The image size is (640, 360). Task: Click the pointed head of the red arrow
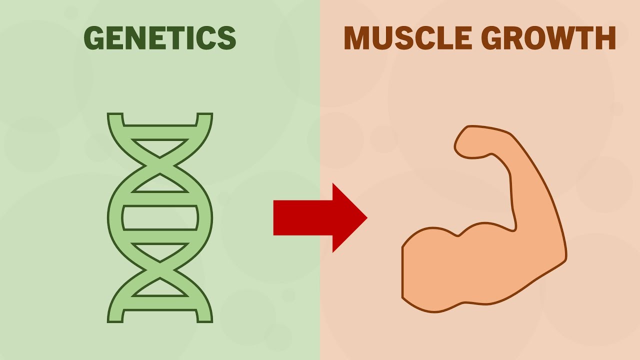click(x=349, y=217)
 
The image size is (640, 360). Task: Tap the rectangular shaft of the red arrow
click(x=303, y=217)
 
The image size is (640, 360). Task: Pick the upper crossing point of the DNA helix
click(x=160, y=165)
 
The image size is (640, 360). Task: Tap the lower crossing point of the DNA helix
click(x=160, y=270)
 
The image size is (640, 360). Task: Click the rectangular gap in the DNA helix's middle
click(x=160, y=217)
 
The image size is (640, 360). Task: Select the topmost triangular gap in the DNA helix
click(x=160, y=147)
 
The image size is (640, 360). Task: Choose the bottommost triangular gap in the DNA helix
click(x=160, y=289)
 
